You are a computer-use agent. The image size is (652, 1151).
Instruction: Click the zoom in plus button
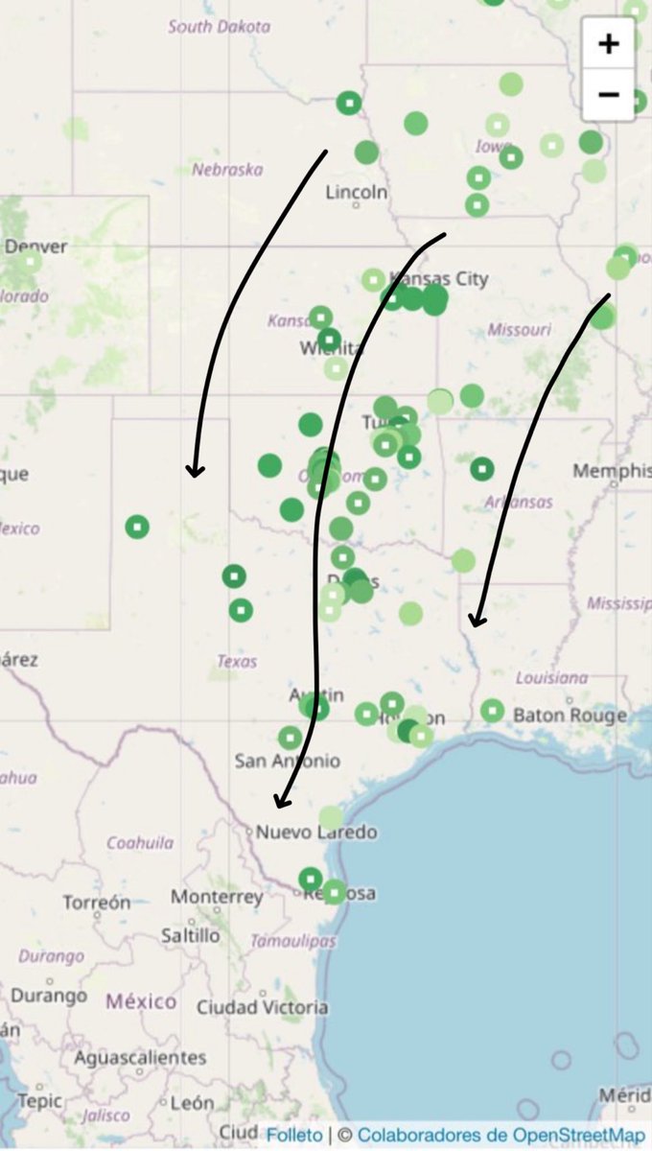point(608,43)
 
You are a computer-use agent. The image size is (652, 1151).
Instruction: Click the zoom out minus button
point(608,94)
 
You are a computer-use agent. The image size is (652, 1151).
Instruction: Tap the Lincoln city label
point(357,192)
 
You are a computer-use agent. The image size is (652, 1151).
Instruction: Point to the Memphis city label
point(611,471)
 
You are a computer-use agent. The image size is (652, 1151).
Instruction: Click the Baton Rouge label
point(570,715)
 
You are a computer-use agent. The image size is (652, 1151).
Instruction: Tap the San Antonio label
point(287,761)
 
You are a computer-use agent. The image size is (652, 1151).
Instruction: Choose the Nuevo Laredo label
point(315,832)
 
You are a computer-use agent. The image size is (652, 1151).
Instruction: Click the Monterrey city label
point(217,897)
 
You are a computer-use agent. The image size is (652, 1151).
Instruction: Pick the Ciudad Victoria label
point(262,1007)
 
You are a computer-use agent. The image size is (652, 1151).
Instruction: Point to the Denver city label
point(36,247)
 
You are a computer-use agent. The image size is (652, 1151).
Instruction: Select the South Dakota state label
point(219,27)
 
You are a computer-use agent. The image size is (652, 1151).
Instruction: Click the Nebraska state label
point(227,170)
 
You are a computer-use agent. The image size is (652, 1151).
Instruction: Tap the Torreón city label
point(96,903)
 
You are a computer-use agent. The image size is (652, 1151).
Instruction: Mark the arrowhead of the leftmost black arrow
point(195,470)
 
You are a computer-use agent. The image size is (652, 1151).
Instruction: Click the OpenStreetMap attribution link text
point(501,1135)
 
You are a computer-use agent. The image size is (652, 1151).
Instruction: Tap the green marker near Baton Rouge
point(492,711)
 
